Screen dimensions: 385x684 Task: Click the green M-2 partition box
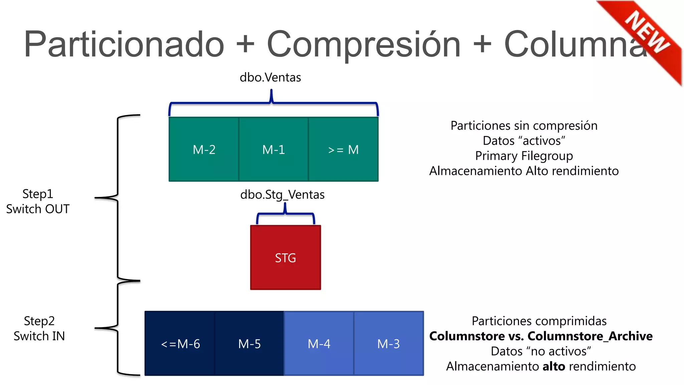(x=204, y=149)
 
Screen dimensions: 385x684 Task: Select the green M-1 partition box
(x=274, y=149)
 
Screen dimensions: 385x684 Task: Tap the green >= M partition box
(x=343, y=149)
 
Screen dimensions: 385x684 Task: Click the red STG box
(x=286, y=257)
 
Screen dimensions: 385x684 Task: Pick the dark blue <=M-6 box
(x=180, y=344)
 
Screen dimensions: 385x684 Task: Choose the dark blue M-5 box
(x=249, y=344)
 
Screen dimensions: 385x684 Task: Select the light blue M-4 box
(x=319, y=344)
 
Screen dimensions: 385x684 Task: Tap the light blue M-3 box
(x=388, y=344)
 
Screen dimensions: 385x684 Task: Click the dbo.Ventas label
(x=270, y=78)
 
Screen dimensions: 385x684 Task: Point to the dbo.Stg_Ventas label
(x=282, y=195)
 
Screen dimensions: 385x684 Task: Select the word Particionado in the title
(x=124, y=44)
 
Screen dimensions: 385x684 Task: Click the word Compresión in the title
(x=364, y=44)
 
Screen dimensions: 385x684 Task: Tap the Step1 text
(x=38, y=194)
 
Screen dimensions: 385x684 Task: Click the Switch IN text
(x=39, y=336)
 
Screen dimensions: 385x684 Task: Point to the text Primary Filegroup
(x=524, y=156)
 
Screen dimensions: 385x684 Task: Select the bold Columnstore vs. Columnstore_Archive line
(x=541, y=336)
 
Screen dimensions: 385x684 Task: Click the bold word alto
(x=554, y=366)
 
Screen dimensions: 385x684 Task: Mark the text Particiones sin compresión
(x=524, y=126)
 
